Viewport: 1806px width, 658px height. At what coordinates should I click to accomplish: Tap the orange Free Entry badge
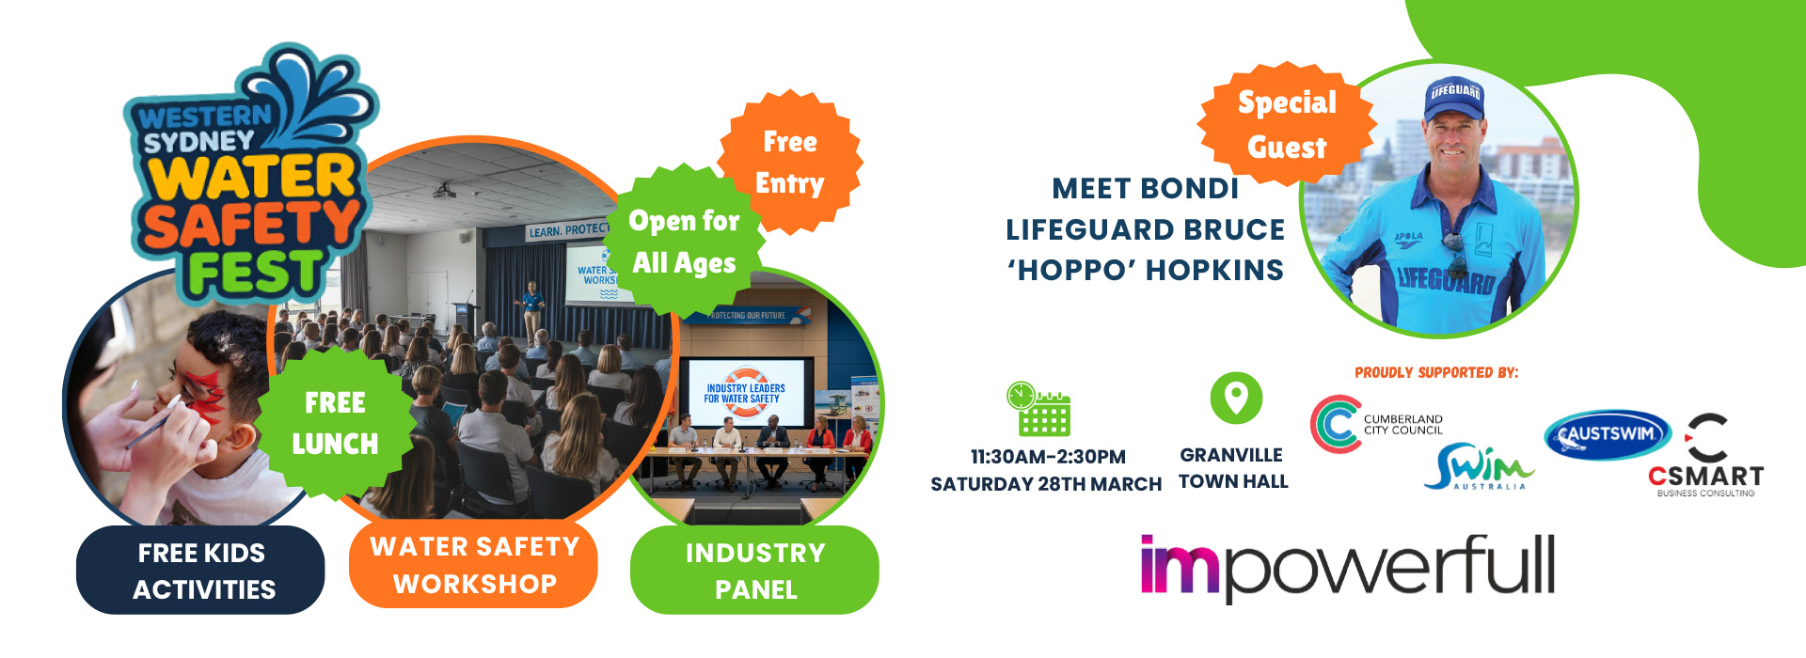tap(790, 162)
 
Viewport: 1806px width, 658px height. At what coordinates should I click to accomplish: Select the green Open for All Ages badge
tap(685, 242)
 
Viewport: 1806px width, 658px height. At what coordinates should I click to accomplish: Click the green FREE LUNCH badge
tap(335, 423)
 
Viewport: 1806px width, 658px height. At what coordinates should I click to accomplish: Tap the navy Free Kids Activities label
tap(200, 570)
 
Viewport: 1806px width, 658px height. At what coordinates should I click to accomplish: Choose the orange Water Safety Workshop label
tap(474, 564)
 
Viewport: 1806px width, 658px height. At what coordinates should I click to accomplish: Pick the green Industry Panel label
tap(754, 570)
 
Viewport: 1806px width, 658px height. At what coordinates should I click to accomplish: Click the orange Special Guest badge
tap(1287, 125)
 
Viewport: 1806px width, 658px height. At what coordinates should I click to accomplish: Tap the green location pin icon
tap(1236, 398)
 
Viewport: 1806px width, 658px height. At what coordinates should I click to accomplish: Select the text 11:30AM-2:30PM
tap(1048, 457)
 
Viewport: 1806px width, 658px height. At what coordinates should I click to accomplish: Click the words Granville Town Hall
tap(1233, 468)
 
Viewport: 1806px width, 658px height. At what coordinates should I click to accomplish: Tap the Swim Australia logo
tap(1479, 466)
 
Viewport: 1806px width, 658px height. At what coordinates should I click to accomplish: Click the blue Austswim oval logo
tap(1608, 434)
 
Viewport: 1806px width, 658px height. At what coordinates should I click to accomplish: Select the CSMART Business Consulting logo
tap(1706, 455)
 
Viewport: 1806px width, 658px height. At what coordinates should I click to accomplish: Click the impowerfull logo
tap(1347, 567)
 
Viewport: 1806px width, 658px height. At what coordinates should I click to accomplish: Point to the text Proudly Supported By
tap(1436, 372)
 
